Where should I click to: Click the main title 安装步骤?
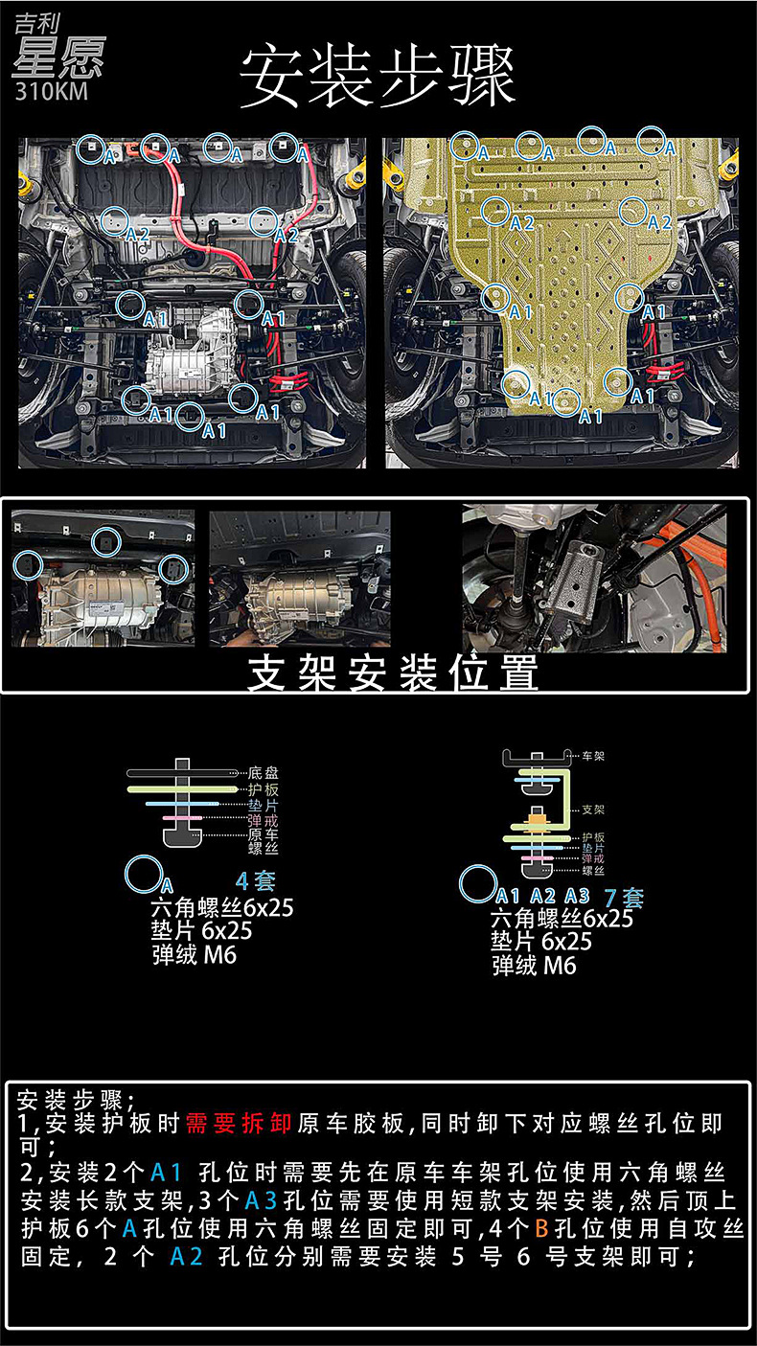pyautogui.click(x=378, y=77)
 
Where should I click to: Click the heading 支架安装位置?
pyautogui.click(x=393, y=673)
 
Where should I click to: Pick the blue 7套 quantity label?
pyautogui.click(x=624, y=898)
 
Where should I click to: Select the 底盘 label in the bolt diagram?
pyautogui.click(x=264, y=772)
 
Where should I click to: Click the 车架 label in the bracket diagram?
pyautogui.click(x=593, y=756)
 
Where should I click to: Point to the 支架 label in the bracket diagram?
pyautogui.click(x=593, y=810)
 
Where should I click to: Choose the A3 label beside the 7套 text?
pyautogui.click(x=577, y=897)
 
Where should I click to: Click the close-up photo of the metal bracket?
pyautogui.click(x=593, y=580)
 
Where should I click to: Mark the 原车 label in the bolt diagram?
pyautogui.click(x=264, y=835)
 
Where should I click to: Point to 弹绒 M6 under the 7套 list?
pyautogui.click(x=534, y=966)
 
